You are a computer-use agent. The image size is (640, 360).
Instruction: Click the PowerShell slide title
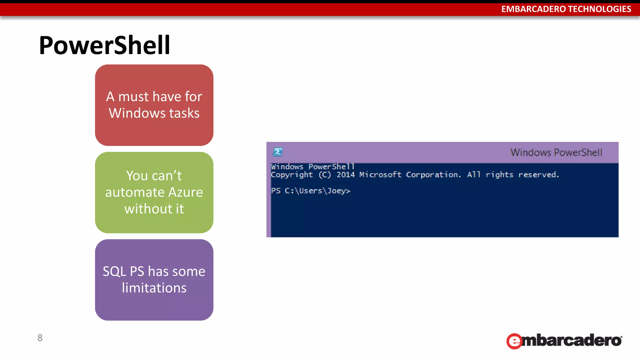click(104, 46)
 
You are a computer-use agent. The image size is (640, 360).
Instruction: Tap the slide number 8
click(40, 338)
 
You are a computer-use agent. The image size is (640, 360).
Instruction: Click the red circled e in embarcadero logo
click(514, 341)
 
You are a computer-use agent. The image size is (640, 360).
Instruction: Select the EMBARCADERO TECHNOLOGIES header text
click(566, 9)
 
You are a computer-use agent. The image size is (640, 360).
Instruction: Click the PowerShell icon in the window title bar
click(277, 152)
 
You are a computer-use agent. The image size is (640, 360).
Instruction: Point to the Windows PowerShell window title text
click(556, 152)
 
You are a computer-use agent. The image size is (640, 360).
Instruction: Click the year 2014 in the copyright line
click(345, 175)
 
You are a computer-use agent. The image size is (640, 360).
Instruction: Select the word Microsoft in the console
click(380, 175)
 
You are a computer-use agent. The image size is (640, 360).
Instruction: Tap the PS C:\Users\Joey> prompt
click(310, 191)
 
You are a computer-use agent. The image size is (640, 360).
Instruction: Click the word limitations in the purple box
click(154, 288)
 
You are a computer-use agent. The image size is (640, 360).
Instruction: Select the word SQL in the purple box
click(114, 272)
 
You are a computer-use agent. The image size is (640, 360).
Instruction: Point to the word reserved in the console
click(538, 175)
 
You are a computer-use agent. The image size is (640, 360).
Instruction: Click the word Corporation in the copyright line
click(433, 175)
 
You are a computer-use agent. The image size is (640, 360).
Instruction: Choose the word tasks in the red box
click(184, 113)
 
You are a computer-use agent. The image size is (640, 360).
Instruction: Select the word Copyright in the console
click(292, 175)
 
